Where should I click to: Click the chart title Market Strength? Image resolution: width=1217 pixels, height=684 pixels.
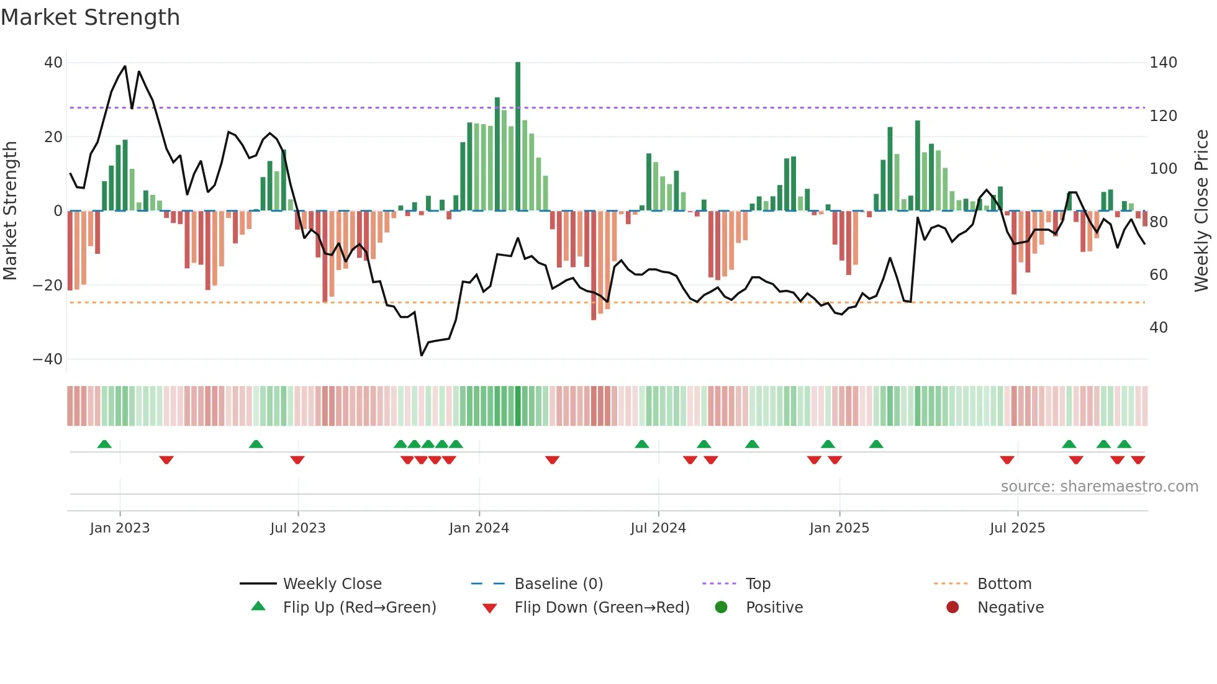[x=90, y=17]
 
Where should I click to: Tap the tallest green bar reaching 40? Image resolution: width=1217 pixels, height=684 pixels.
[x=518, y=137]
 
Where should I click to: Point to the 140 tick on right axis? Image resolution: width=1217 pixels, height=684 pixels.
[x=1163, y=63]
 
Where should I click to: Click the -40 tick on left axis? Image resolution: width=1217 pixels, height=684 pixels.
[x=48, y=359]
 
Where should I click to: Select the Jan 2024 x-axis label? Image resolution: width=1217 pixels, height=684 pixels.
[x=479, y=528]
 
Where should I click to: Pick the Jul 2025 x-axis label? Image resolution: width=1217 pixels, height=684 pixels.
[x=1017, y=528]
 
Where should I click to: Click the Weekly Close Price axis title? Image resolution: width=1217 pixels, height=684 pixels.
[x=1201, y=211]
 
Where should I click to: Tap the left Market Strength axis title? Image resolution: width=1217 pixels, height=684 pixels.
[x=10, y=211]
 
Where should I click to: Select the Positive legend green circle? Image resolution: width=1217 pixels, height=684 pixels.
[x=721, y=607]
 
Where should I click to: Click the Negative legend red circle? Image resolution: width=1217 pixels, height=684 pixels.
[x=952, y=607]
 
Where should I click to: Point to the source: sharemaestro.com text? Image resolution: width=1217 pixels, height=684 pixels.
[x=1099, y=487]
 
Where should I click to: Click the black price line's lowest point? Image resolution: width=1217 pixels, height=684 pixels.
[x=422, y=355]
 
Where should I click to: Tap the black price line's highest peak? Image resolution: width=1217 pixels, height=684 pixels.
[x=125, y=66]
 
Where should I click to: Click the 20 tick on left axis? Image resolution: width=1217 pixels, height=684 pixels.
[x=53, y=137]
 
